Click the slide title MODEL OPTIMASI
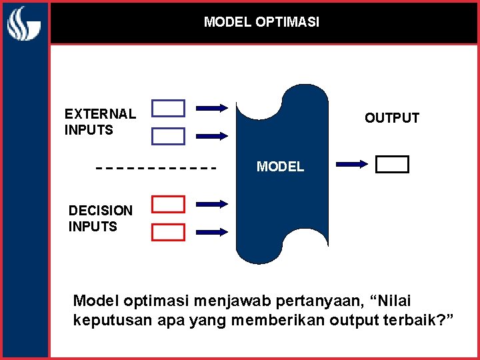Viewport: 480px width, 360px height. pos(261,22)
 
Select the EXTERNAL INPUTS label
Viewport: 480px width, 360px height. pos(100,122)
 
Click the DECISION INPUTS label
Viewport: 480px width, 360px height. pos(101,219)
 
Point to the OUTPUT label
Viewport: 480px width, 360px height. pos(391,118)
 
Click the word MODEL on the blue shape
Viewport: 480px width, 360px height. pos(280,167)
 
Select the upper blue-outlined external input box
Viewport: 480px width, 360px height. pos(168,107)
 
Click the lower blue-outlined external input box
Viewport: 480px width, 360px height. pos(168,136)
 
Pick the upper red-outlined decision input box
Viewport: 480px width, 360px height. pos(168,204)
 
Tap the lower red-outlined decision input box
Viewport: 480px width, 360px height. pos(168,232)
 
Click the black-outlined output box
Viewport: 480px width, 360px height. pos(392,164)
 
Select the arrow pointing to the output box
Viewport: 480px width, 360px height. pos(353,163)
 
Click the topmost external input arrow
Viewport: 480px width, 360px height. pos(213,107)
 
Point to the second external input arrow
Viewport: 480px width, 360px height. pos(213,136)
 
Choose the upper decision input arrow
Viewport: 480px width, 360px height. pos(213,203)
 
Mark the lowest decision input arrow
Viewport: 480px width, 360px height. pos(213,232)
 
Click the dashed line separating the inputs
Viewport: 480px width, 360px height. pos(157,167)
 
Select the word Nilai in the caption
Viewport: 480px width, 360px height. pos(405,301)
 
